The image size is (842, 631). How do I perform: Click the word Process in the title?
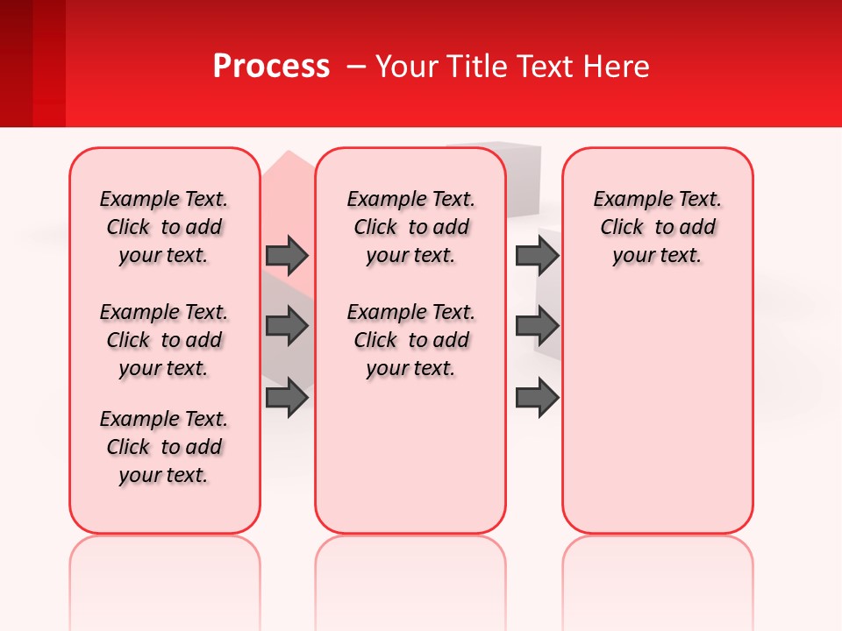(x=271, y=67)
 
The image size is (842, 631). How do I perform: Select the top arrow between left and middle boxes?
(x=287, y=256)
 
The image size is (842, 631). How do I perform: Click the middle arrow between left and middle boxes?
(x=287, y=327)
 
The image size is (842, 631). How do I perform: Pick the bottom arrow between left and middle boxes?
(x=287, y=399)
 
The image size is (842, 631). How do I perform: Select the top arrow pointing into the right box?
(x=537, y=256)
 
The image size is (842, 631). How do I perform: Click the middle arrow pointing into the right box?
(x=537, y=327)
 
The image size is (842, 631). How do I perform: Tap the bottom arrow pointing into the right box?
(x=537, y=399)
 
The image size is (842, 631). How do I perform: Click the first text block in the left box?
(x=164, y=227)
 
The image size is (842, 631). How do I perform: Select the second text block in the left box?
(x=164, y=340)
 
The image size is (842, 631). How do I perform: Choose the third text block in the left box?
(x=164, y=447)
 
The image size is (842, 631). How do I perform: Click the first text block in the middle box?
(x=410, y=227)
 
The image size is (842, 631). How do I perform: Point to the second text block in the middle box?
(x=410, y=340)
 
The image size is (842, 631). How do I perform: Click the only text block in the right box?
(x=658, y=227)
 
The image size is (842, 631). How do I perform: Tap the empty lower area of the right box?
(x=658, y=412)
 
